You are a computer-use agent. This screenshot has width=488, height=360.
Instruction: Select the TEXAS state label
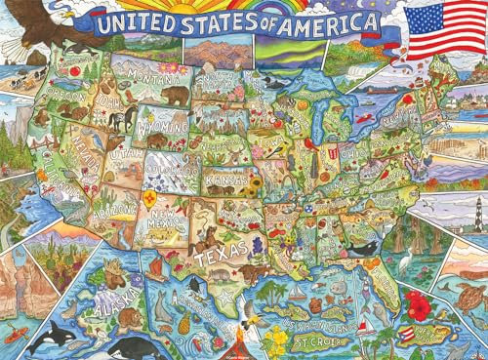pyautogui.click(x=218, y=260)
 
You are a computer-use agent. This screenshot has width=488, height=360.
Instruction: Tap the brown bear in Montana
pyautogui.click(x=178, y=97)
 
